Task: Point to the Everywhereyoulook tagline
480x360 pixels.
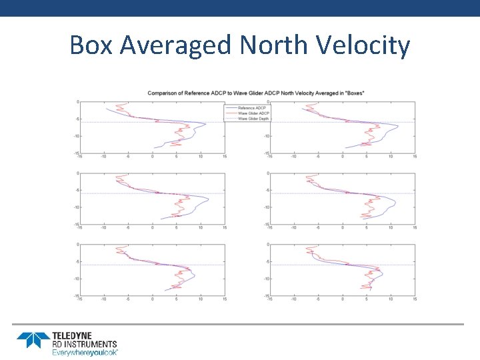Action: tap(85, 352)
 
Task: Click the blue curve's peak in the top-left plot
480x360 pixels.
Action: tap(206, 125)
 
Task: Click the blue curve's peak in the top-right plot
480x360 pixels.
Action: tap(398, 126)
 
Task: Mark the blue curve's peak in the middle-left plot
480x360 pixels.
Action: tap(209, 199)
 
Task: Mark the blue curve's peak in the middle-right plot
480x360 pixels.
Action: tap(395, 201)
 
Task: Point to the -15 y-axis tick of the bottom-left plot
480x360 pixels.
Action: tap(76, 295)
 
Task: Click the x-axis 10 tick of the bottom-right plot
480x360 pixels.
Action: tap(391, 299)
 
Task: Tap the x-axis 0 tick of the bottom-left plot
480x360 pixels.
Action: tap(152, 299)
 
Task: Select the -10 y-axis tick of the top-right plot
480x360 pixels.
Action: tap(265, 136)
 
